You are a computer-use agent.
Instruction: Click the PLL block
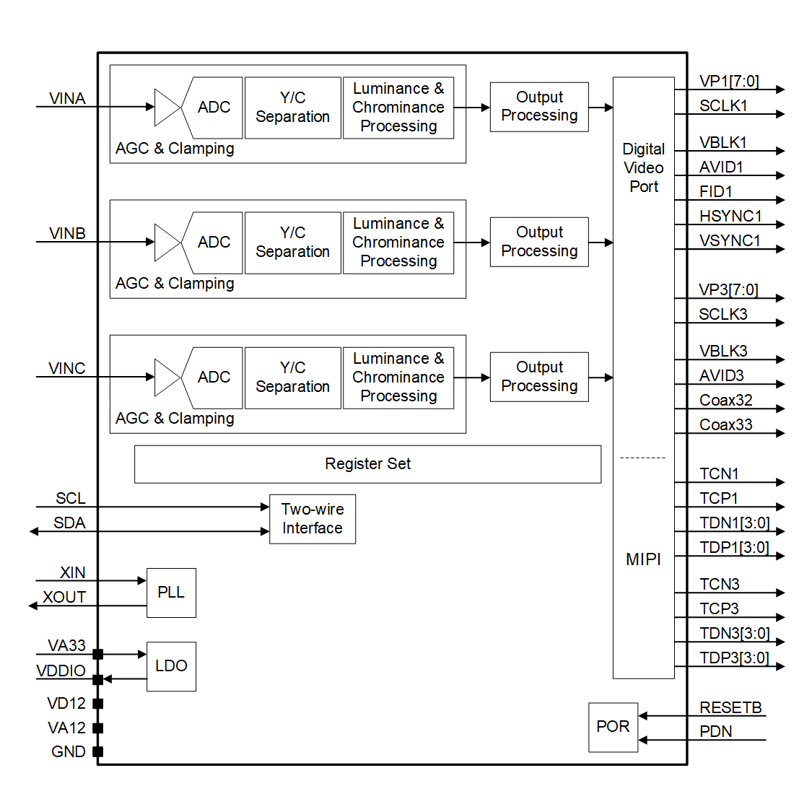(x=171, y=593)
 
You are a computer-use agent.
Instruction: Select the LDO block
(x=171, y=666)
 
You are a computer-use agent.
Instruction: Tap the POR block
(x=613, y=727)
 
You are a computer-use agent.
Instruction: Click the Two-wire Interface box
(x=312, y=519)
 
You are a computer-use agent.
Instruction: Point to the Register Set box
(x=367, y=464)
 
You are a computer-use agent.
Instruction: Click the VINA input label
(x=67, y=98)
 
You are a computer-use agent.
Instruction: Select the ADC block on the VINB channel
(x=214, y=243)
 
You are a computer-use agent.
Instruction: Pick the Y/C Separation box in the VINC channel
(x=292, y=377)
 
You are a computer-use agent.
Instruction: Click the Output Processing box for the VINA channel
(x=539, y=107)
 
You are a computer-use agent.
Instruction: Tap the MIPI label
(x=643, y=559)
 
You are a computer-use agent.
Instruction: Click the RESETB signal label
(x=730, y=707)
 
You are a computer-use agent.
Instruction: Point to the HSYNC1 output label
(x=730, y=216)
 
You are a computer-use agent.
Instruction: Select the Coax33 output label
(x=725, y=424)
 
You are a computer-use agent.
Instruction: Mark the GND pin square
(x=98, y=751)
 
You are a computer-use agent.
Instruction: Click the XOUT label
(x=64, y=597)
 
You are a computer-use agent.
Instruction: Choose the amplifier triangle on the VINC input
(x=167, y=377)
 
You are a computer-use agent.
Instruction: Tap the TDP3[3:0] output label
(x=734, y=658)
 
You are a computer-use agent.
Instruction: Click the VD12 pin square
(x=98, y=703)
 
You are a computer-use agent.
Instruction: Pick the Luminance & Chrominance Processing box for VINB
(x=398, y=243)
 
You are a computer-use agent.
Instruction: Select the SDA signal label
(x=69, y=523)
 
